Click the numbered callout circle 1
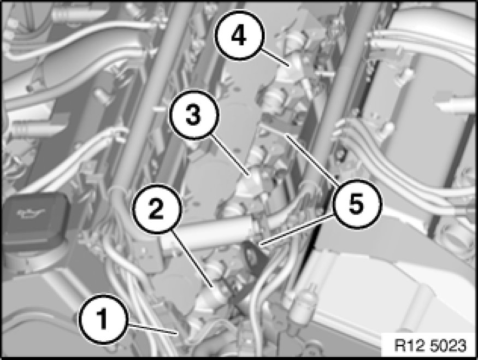(102, 319)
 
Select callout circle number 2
(157, 209)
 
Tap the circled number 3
(194, 115)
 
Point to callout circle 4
(239, 36)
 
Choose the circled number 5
(357, 204)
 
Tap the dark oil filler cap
(34, 220)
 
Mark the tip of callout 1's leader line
(177, 333)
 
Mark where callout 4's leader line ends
(288, 65)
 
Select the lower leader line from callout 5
(296, 229)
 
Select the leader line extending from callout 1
(151, 329)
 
